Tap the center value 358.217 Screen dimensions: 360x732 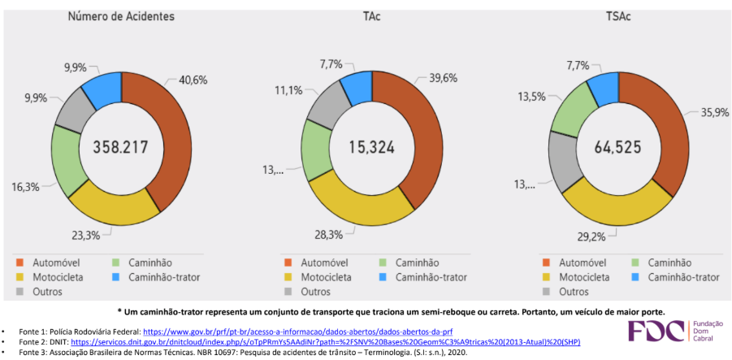point(122,148)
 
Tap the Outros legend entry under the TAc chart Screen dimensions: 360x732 point(315,292)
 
